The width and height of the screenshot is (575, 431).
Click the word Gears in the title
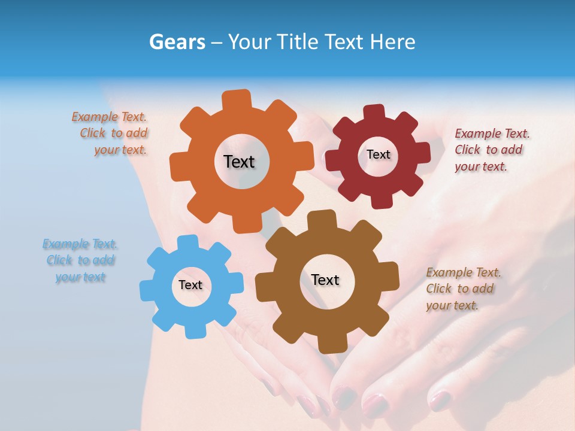point(176,42)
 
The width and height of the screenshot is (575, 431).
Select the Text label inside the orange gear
point(239,162)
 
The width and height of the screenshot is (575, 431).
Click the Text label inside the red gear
point(378,154)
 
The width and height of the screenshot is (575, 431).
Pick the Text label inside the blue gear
point(190,285)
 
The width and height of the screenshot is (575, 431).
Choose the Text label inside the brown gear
point(325,280)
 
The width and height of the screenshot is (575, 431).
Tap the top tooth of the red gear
point(374,113)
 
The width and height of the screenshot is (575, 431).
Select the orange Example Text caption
point(110,133)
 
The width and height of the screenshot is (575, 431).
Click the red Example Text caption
point(492,150)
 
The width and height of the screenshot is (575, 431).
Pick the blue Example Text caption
point(80,260)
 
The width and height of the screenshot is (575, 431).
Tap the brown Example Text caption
point(463,289)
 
